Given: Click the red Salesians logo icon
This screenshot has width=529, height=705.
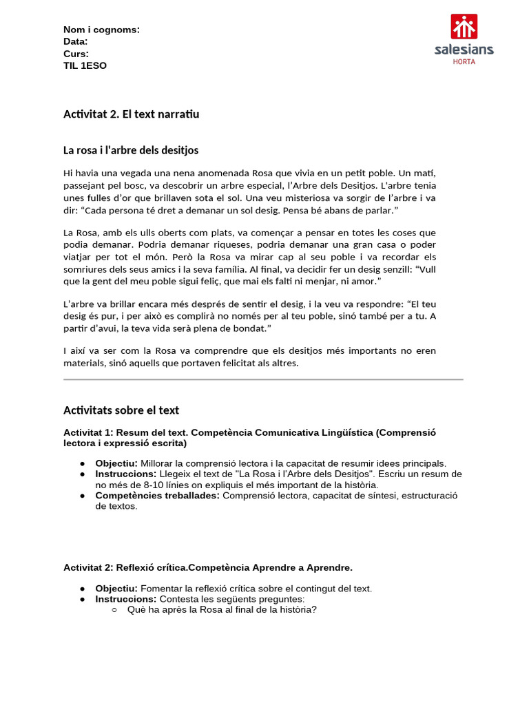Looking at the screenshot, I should tap(464, 26).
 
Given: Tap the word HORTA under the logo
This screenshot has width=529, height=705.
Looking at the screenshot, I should tap(464, 61).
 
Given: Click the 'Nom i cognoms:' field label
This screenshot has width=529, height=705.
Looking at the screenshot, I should tap(101, 30).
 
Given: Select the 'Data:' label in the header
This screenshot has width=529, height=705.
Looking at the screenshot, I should tap(75, 41).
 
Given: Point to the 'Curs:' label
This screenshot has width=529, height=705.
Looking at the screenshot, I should tap(76, 54).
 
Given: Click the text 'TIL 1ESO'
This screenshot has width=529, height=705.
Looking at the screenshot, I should tap(85, 65).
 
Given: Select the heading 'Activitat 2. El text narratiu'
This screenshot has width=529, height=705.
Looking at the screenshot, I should tap(131, 114).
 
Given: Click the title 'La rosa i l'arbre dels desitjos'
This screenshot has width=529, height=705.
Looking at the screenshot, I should tap(131, 150).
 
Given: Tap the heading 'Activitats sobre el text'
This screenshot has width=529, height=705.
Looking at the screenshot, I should tap(121, 410).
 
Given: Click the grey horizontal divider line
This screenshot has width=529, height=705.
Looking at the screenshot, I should tap(263, 379).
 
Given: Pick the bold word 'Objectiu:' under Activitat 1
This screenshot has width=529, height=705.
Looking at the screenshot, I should tap(116, 463).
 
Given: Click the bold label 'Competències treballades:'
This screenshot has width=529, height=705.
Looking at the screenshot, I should tap(158, 496).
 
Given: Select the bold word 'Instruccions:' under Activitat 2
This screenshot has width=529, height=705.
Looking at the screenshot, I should tap(126, 599).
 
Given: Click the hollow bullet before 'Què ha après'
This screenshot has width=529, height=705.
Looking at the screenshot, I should tap(114, 610).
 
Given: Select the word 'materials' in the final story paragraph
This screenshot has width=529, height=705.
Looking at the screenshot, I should tap(83, 363).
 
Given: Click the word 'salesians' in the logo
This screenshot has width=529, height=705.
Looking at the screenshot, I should tap(464, 50).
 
